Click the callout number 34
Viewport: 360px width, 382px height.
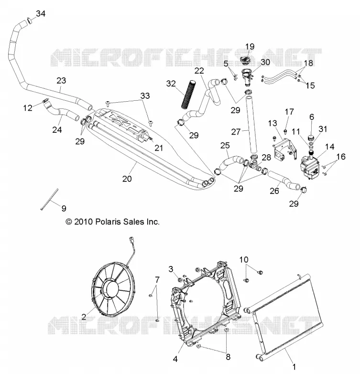pos(41,14)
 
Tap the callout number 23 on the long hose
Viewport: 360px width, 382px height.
pos(61,80)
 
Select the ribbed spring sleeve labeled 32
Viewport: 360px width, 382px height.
pos(188,94)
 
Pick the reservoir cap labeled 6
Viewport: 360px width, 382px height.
pos(311,137)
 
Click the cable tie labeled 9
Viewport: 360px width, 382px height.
pos(50,199)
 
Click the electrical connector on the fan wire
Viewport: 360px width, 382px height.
pos(133,241)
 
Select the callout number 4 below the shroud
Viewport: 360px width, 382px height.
pos(175,359)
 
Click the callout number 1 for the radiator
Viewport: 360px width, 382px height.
pos(294,366)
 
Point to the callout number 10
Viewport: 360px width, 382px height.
pos(244,260)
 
